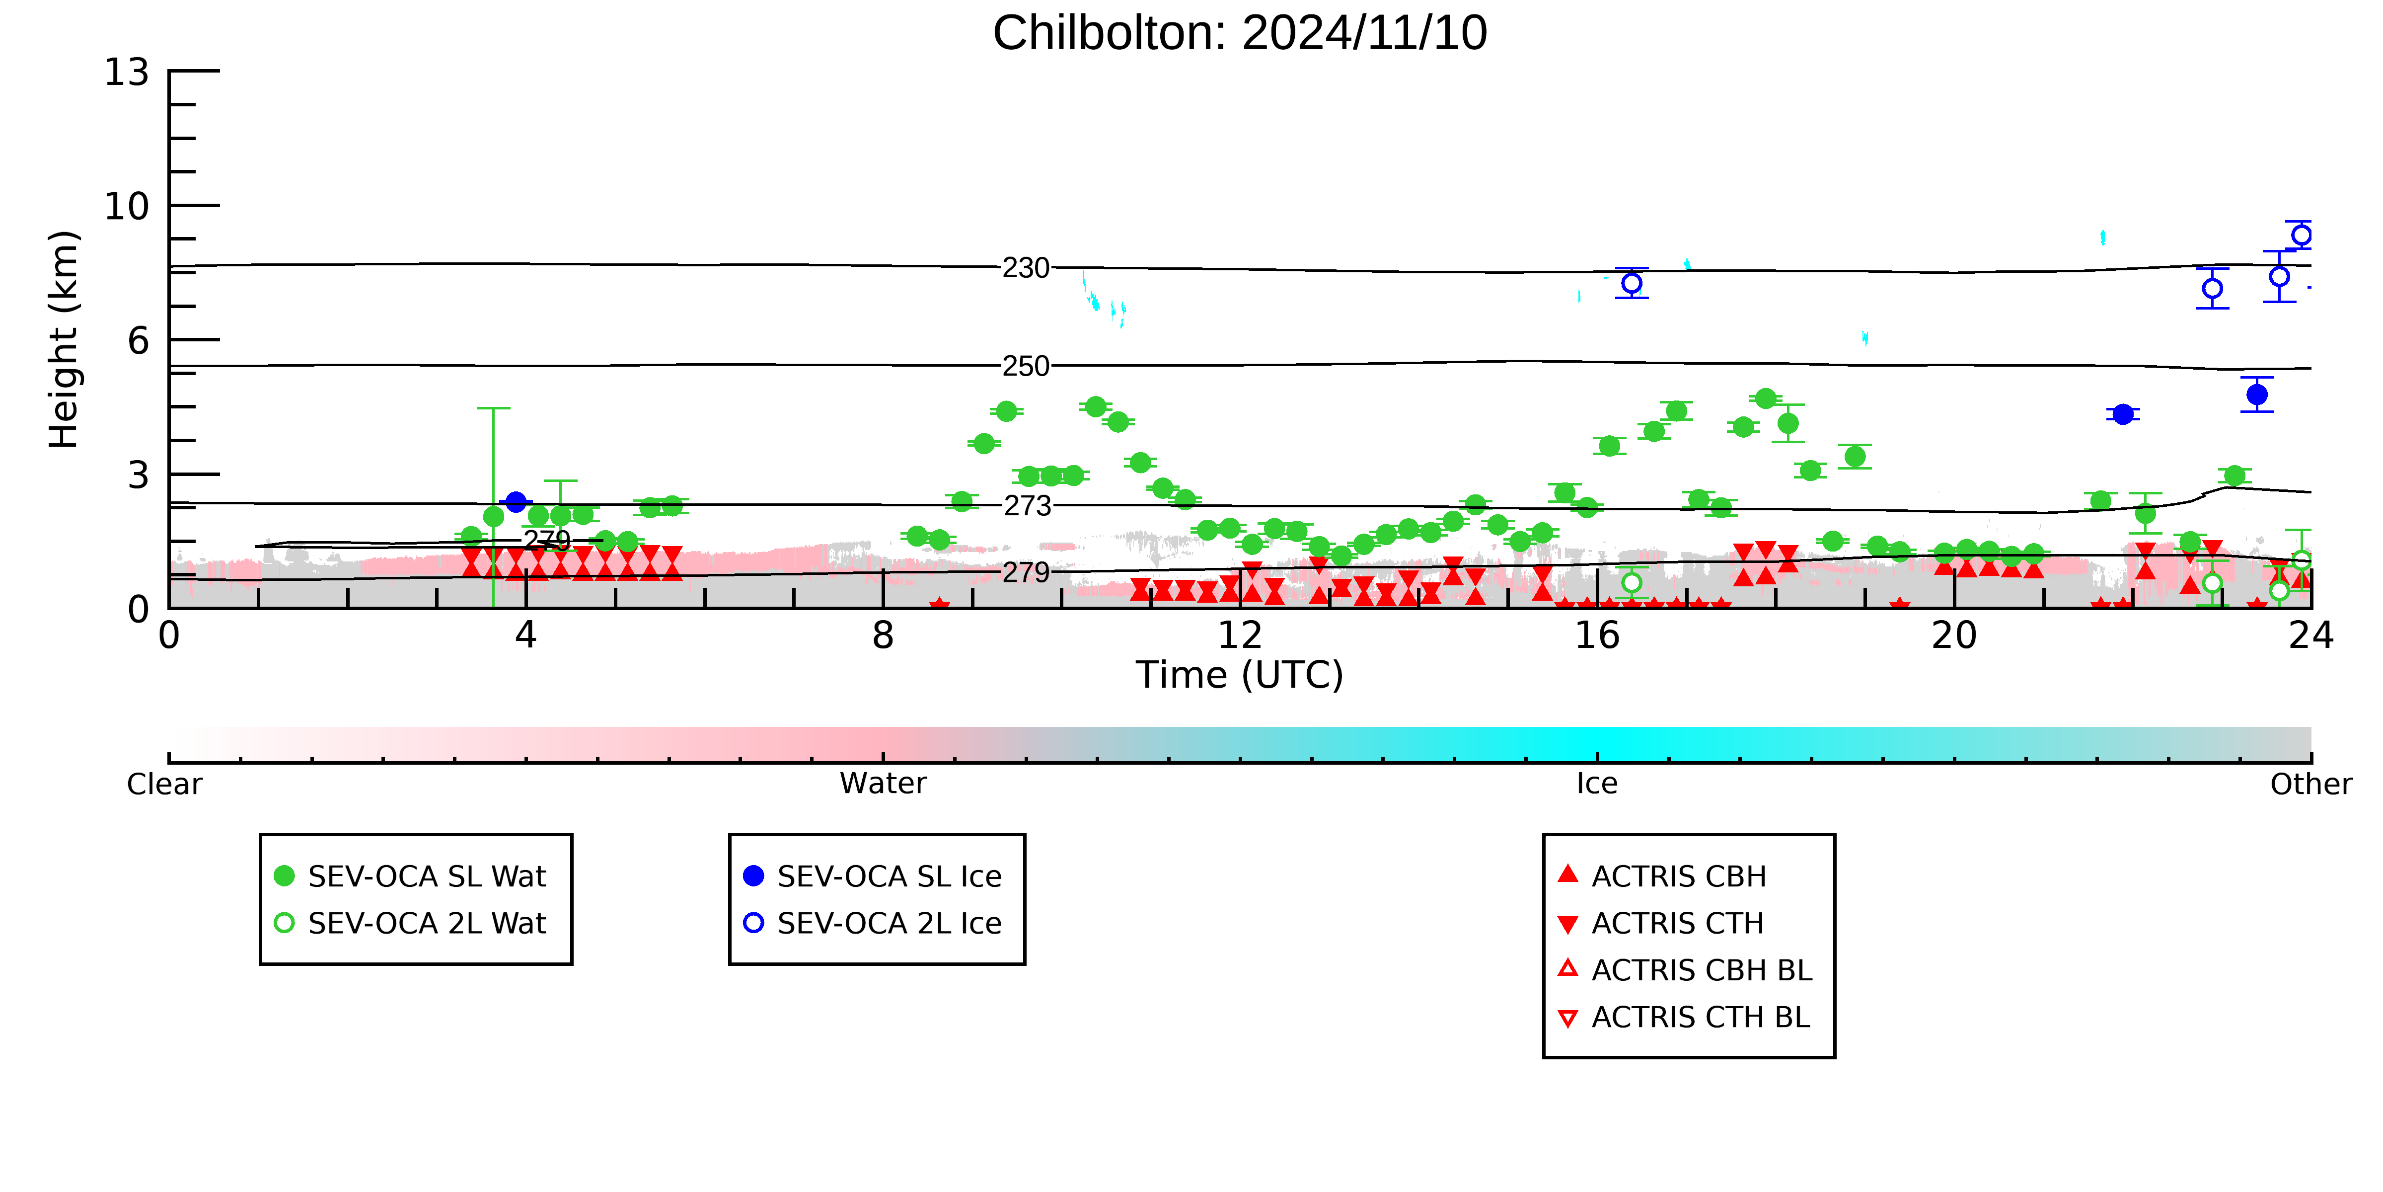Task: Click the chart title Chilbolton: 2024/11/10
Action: pos(1240,33)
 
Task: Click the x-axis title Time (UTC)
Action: pos(1240,675)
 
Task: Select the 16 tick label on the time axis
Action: pos(1598,636)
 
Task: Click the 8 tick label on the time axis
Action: pos(884,636)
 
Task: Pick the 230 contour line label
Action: pos(1026,268)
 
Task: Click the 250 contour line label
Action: pos(1026,367)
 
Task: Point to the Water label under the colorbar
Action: pos(884,784)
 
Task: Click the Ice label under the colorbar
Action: pos(1598,784)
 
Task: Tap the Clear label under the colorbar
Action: pos(165,784)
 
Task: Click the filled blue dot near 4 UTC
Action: pos(516,502)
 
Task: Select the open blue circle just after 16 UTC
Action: pos(1632,283)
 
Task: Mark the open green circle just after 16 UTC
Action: pos(1632,583)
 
